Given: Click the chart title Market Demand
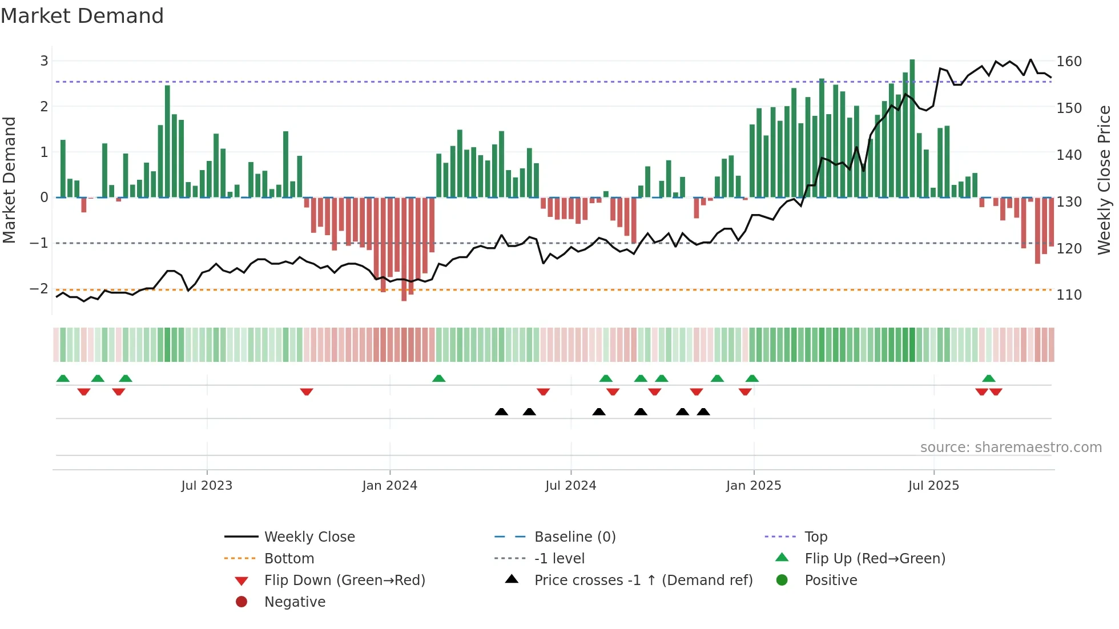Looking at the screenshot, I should click(82, 16).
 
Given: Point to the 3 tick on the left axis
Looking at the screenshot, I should click(44, 61).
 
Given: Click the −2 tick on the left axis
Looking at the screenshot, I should click(39, 289).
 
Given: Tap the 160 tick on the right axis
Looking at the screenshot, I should click(1069, 62).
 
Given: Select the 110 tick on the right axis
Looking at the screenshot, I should click(1069, 295).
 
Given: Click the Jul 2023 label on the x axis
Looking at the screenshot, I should click(207, 486).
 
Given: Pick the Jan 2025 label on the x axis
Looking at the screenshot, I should click(754, 486).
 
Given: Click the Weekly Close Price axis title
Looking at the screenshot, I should click(1104, 180).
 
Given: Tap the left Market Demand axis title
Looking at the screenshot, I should click(9, 180).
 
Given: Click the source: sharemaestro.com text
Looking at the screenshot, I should click(1011, 447).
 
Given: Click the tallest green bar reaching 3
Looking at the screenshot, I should click(912, 128).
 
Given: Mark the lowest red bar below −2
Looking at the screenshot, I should click(404, 249).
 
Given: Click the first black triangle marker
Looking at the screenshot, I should click(501, 412).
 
